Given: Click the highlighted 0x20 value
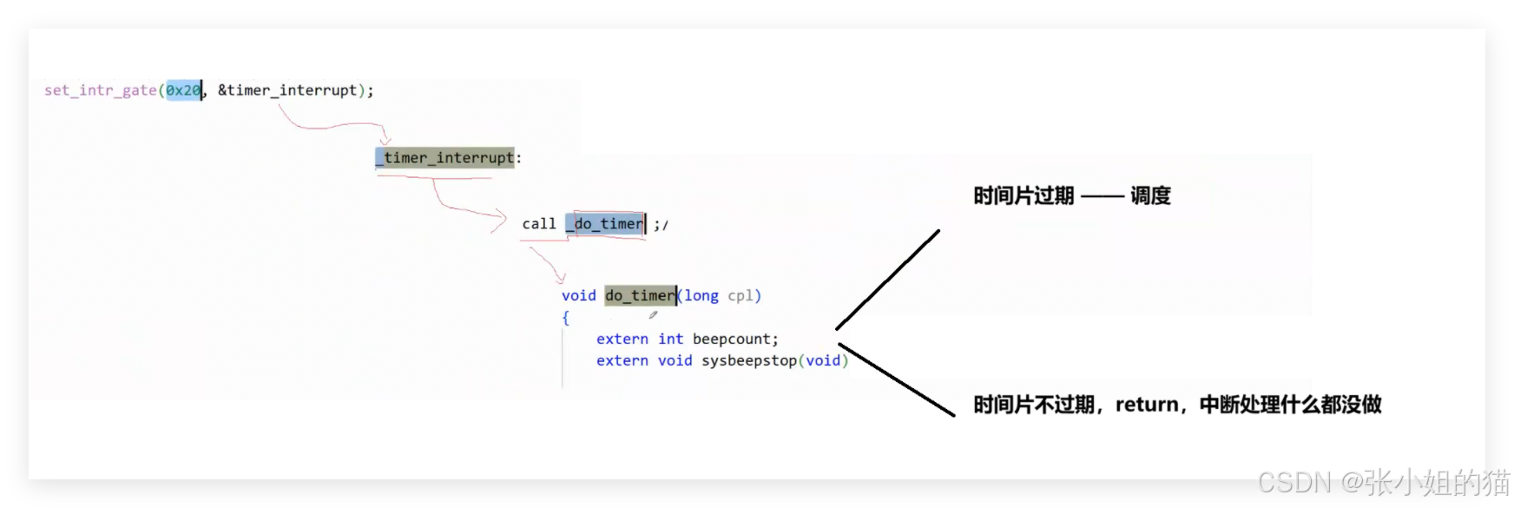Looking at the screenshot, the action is pyautogui.click(x=183, y=90).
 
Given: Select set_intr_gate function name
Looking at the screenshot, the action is pyautogui.click(x=101, y=90).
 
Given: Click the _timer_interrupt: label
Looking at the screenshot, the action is pyautogui.click(x=448, y=158).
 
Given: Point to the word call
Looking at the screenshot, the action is pyautogui.click(x=538, y=224).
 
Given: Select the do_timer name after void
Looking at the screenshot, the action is pyautogui.click(x=640, y=296).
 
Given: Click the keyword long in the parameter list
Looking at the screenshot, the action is pyautogui.click(x=701, y=296).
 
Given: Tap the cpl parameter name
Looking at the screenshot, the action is pyautogui.click(x=741, y=296).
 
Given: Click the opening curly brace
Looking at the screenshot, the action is pyautogui.click(x=566, y=318).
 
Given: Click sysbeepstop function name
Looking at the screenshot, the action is pyautogui.click(x=749, y=361).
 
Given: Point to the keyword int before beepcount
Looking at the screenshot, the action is pyautogui.click(x=670, y=340).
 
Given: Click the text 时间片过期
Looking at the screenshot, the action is pyautogui.click(x=1024, y=196).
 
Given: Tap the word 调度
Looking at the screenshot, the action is pyautogui.click(x=1150, y=196).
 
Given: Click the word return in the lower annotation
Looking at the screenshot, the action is pyautogui.click(x=1147, y=405).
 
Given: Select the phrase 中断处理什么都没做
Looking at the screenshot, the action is pyautogui.click(x=1290, y=405).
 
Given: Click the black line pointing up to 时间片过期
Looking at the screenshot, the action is pyautogui.click(x=887, y=280).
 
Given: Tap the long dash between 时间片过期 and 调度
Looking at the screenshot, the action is pyautogui.click(x=1103, y=197).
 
